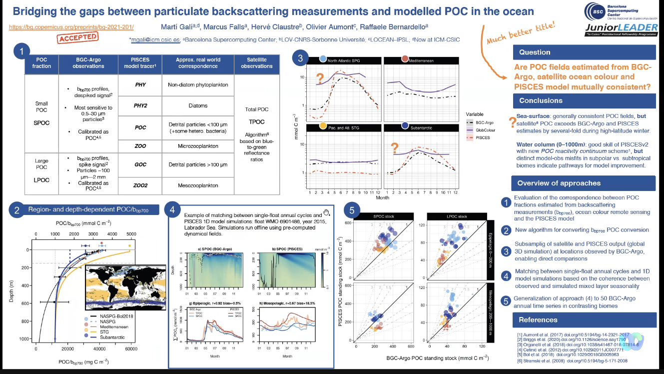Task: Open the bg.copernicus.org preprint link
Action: (71, 27)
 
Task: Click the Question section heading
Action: (534, 52)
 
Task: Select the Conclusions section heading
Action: (541, 100)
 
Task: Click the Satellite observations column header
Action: (257, 62)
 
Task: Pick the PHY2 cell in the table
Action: (140, 106)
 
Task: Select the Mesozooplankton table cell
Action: (198, 185)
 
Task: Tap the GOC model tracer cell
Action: (140, 164)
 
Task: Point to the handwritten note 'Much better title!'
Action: (520, 31)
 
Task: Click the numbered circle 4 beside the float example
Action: (171, 210)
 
